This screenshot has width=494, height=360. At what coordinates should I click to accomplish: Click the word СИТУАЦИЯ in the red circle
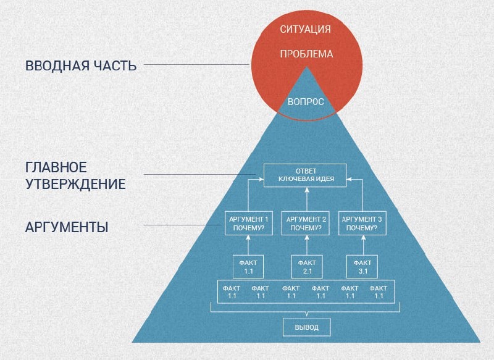[306, 29]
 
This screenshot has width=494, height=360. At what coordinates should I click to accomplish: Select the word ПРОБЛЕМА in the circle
[306, 54]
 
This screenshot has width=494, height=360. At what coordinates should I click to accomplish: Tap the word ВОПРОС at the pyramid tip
[306, 101]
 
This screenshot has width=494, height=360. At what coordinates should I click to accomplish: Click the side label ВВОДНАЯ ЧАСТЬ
[81, 65]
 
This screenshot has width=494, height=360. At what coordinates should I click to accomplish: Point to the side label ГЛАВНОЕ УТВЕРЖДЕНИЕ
[75, 175]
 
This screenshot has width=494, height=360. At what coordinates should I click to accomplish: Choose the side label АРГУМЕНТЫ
[67, 227]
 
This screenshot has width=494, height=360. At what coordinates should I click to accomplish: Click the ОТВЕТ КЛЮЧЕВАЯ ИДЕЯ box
[306, 175]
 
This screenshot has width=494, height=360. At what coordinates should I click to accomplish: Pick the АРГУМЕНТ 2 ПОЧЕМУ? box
[306, 223]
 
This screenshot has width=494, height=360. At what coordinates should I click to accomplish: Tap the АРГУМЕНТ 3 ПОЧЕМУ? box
[364, 223]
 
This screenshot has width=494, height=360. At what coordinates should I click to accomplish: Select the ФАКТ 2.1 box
[306, 266]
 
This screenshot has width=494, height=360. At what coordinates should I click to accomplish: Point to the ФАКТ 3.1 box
[362, 266]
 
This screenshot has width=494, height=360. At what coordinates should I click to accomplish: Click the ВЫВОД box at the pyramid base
[307, 327]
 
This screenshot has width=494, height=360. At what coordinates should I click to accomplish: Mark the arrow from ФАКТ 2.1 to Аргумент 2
[306, 246]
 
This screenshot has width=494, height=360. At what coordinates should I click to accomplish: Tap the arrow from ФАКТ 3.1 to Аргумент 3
[363, 246]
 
